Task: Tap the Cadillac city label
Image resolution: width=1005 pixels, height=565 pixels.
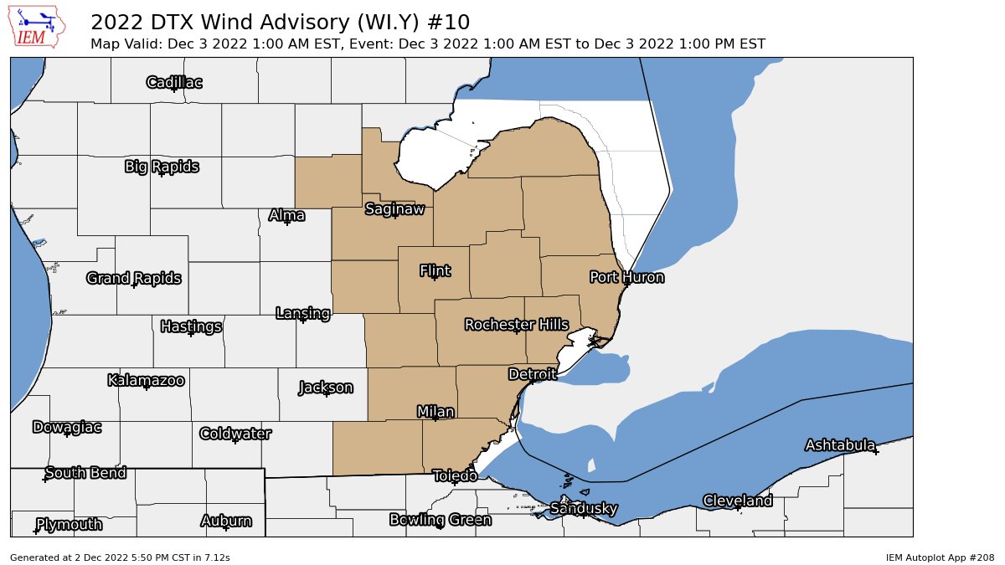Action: pos(174,82)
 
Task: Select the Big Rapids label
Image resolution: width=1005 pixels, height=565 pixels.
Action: pos(162,167)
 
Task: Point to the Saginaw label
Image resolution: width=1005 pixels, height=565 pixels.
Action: pos(394,208)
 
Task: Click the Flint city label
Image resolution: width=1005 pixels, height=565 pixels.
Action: pos(435,270)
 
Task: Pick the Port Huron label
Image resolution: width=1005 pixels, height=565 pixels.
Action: pos(626,277)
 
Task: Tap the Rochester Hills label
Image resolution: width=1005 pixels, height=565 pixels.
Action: pos(516,324)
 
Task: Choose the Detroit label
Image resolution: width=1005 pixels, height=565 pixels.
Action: pos(532,374)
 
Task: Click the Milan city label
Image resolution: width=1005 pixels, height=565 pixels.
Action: pos(435,411)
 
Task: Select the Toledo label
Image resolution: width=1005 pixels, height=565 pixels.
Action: pos(455,475)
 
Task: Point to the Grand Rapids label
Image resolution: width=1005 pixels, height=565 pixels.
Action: pos(134,278)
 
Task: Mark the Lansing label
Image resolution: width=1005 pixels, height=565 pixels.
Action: pos(302,313)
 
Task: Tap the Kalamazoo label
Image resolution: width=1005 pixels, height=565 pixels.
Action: pos(146,380)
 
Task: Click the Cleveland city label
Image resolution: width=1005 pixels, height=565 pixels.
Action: pos(737,501)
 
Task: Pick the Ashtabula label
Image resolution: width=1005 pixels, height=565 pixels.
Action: pos(840,444)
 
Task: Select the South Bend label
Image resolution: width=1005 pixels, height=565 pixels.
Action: pos(85,473)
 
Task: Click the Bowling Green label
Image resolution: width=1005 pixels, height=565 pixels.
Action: pos(440,520)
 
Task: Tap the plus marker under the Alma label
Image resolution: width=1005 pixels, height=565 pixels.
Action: pos(287,223)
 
